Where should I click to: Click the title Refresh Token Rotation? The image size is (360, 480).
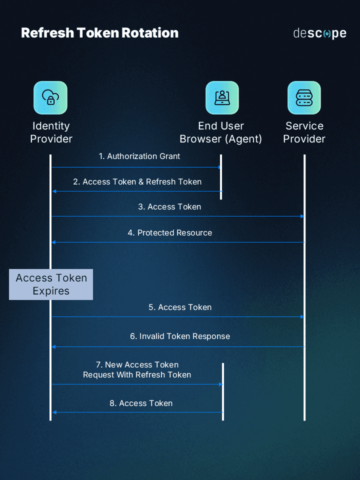99,33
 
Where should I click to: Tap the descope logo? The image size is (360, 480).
319,33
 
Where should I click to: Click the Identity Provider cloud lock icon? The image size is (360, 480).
50,97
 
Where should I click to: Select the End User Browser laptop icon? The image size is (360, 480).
222,97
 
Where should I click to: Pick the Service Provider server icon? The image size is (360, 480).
304,97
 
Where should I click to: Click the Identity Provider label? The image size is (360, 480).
51,132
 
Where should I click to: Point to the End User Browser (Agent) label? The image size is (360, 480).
221,132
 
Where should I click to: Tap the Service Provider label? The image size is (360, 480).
304,132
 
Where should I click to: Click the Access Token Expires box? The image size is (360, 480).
51,284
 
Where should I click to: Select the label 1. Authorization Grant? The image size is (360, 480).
139,156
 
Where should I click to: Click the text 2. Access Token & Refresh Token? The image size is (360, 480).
137,182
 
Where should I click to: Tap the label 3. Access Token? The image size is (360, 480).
169,206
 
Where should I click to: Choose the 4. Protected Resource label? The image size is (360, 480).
169,233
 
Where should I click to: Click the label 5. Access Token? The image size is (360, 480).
179,307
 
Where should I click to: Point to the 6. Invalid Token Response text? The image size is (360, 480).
180,336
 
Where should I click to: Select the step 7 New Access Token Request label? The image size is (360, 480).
137,370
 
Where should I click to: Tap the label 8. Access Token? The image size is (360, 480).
141,403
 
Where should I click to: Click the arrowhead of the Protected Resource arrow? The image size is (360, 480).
54,242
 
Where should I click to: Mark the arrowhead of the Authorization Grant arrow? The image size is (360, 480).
219,167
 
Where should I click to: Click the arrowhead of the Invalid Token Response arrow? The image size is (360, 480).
54,346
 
